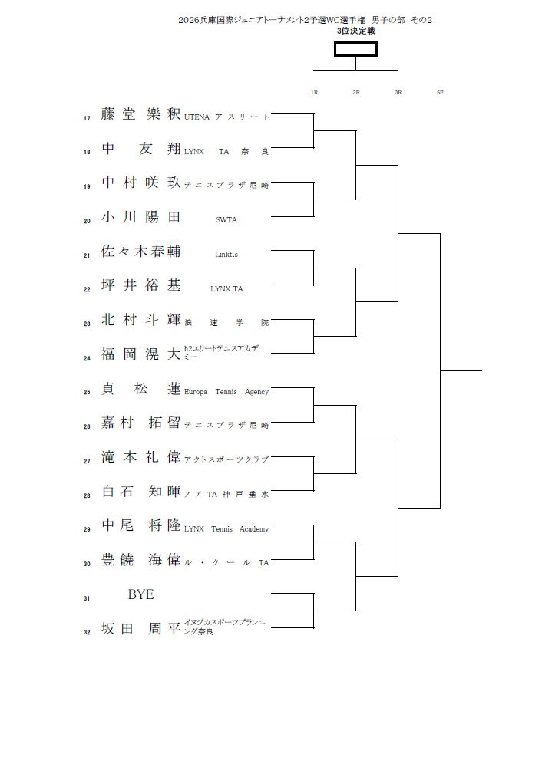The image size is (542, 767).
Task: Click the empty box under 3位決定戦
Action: [355, 49]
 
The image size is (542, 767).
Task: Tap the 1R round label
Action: [314, 92]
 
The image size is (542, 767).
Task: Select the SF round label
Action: [440, 92]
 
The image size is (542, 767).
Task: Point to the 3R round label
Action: [398, 92]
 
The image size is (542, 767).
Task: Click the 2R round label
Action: [356, 92]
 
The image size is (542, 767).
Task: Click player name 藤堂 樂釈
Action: [141, 114]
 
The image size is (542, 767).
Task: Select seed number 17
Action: [87, 118]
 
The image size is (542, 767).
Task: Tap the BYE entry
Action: [141, 594]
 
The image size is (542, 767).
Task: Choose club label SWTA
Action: [226, 220]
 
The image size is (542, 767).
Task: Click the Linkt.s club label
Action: [226, 255]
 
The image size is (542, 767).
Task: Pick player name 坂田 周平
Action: [141, 629]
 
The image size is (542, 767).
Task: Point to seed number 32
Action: [87, 632]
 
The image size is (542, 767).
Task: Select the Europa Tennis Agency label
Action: [226, 392]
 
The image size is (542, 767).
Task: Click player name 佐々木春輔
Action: [141, 252]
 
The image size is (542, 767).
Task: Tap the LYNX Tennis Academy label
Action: [226, 528]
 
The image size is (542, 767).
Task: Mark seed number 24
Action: [87, 358]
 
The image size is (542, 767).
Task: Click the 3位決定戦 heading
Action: [356, 31]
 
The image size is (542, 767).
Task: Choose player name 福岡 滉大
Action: [141, 354]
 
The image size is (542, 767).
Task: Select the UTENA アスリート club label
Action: [226, 117]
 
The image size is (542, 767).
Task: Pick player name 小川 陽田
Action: [141, 217]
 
